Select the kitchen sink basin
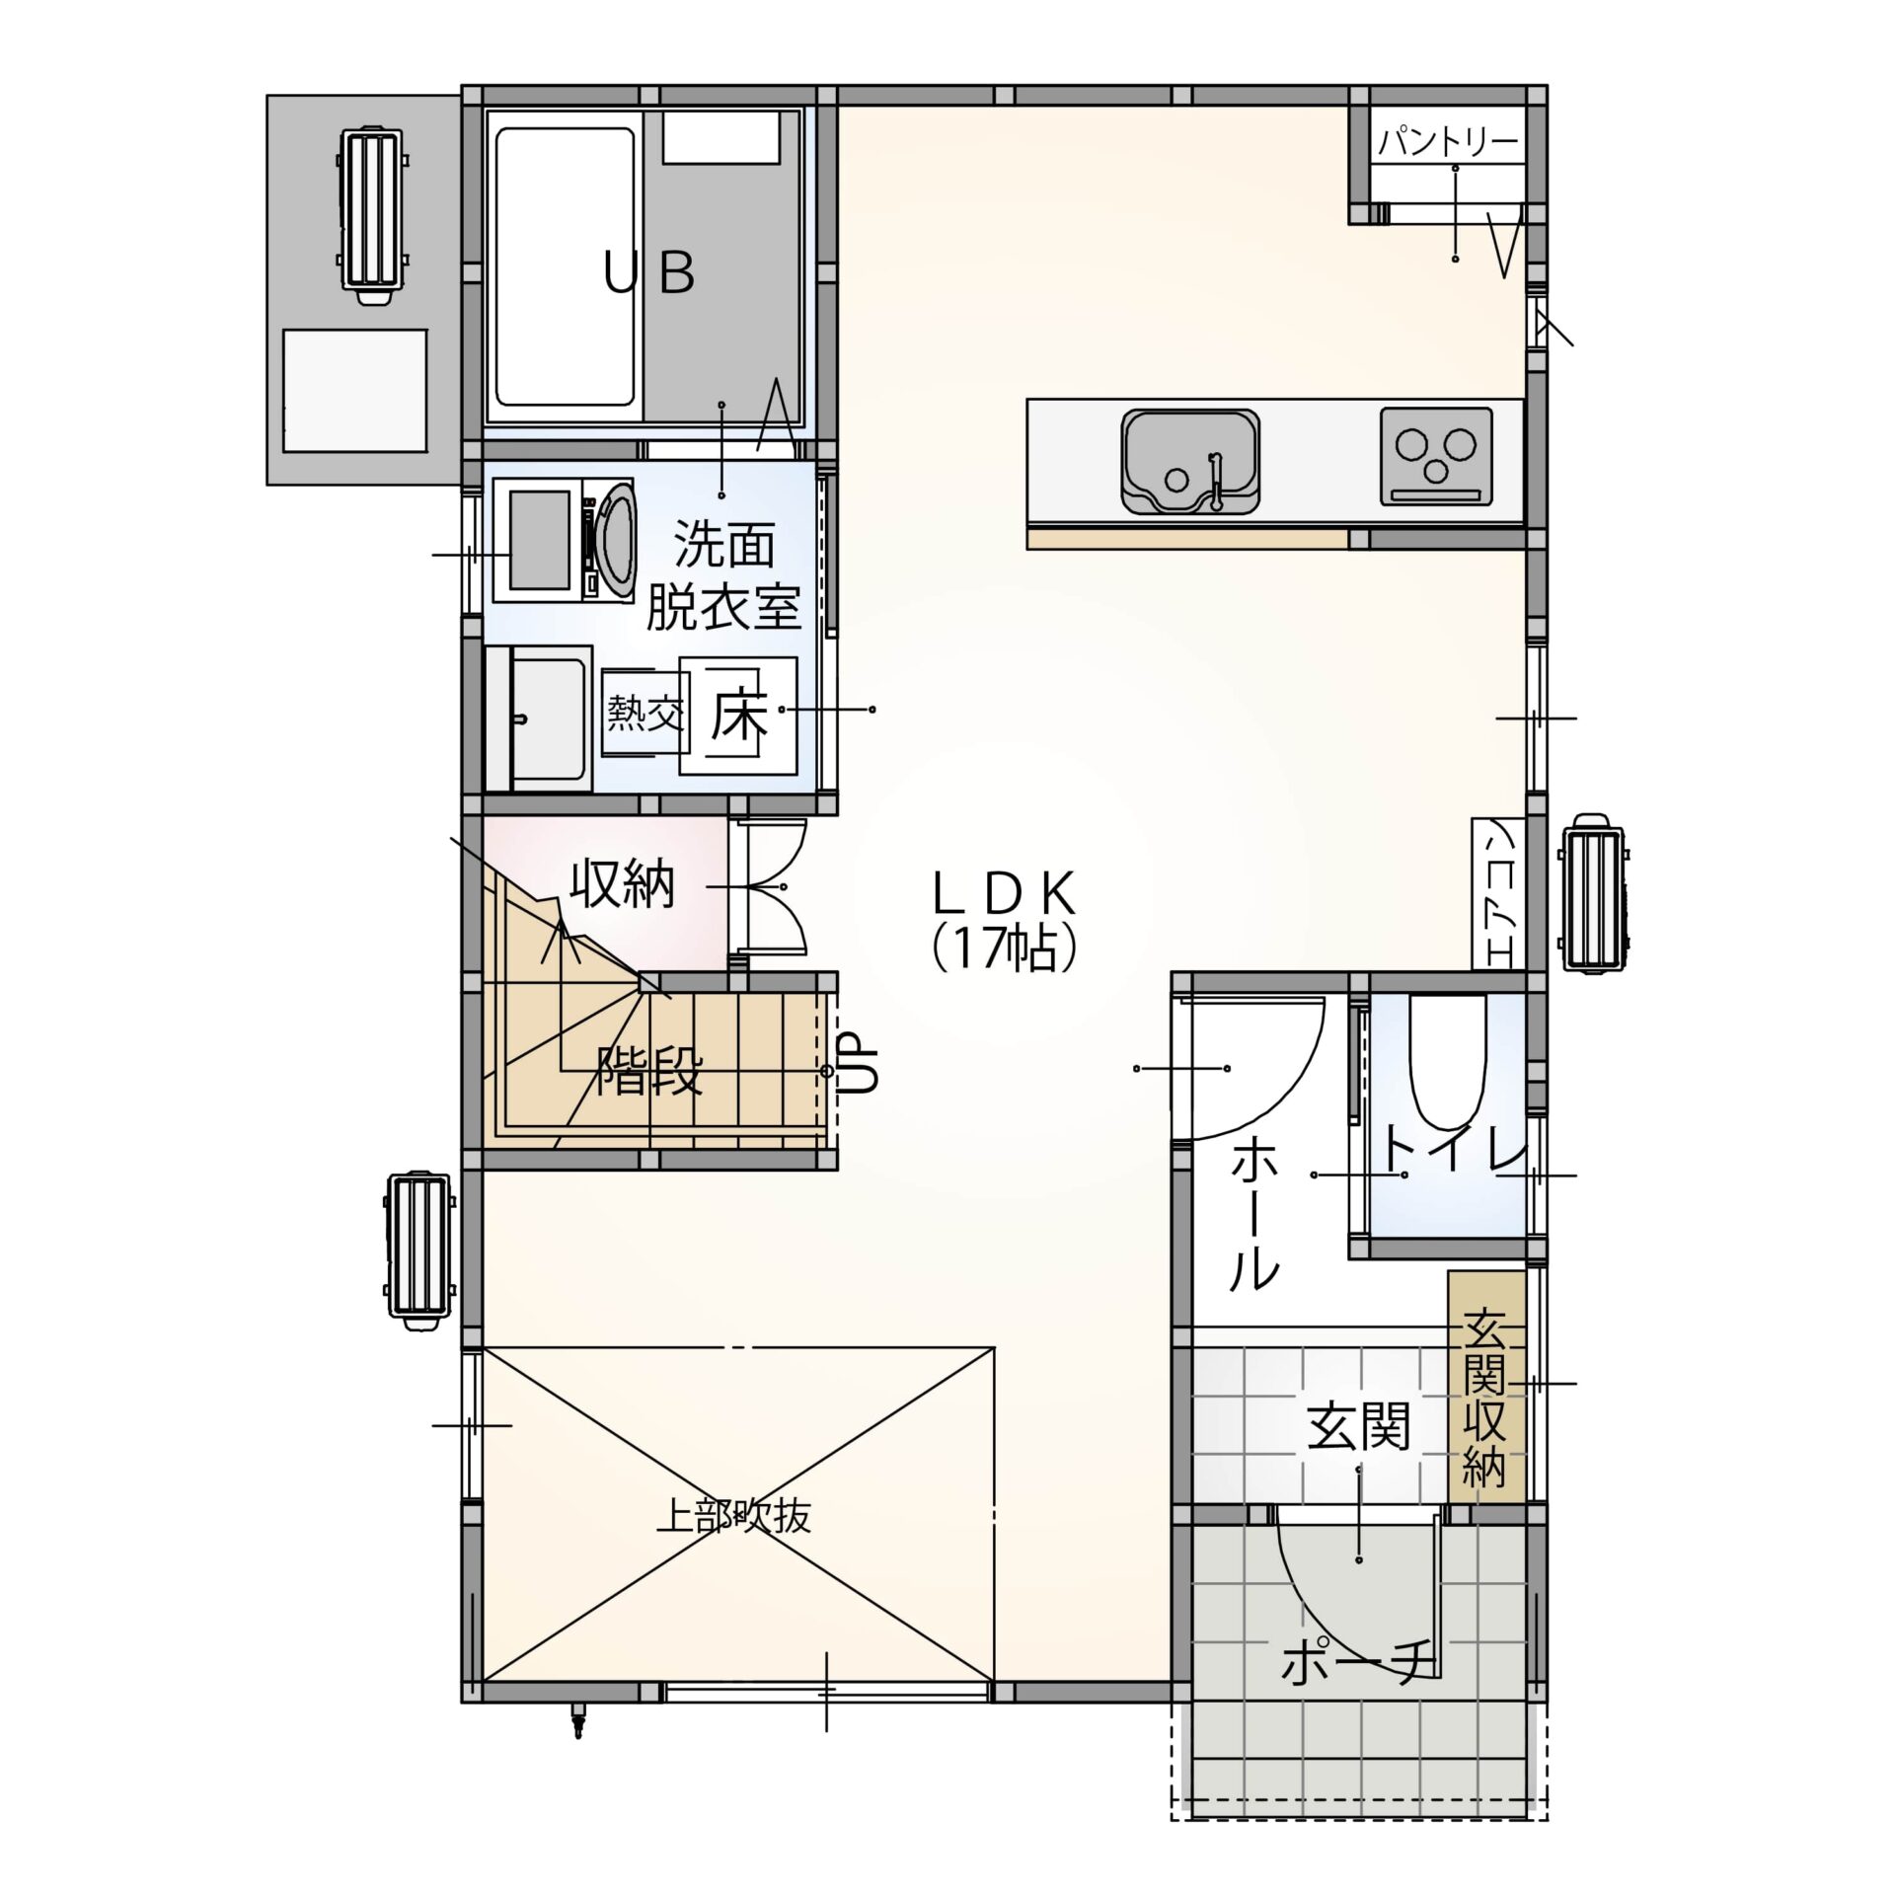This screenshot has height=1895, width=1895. tap(1190, 462)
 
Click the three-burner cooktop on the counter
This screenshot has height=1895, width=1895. tap(1435, 455)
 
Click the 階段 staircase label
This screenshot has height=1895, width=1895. tap(649, 1071)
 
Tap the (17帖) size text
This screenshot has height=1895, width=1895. tap(1004, 947)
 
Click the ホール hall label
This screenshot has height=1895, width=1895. tap(1256, 1213)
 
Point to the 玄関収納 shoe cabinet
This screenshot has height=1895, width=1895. tap(1485, 1402)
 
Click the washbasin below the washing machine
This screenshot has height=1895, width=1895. tap(550, 720)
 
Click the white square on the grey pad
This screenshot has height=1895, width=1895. tap(355, 391)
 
